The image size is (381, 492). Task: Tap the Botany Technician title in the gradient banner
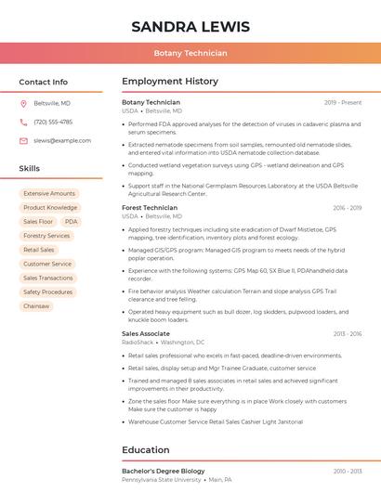(190, 53)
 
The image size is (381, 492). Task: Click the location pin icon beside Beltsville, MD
(23, 104)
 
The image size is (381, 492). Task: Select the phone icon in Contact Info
(23, 122)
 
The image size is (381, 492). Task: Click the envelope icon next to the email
(23, 140)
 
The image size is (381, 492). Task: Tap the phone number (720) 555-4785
(53, 122)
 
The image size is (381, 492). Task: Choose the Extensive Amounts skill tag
(49, 194)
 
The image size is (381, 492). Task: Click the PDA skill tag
(72, 222)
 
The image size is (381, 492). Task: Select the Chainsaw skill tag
(36, 305)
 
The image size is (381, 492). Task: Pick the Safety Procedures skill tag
(47, 291)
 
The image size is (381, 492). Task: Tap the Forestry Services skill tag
(46, 236)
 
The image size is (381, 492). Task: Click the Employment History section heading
(170, 82)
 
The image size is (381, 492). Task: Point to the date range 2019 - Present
(343, 102)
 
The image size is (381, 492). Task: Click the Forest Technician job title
(150, 208)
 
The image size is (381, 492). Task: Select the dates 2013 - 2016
(347, 333)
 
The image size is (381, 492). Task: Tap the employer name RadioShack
(138, 343)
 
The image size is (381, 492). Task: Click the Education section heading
(146, 450)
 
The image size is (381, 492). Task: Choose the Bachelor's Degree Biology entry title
(164, 472)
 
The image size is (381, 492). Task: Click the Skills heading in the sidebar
(30, 169)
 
